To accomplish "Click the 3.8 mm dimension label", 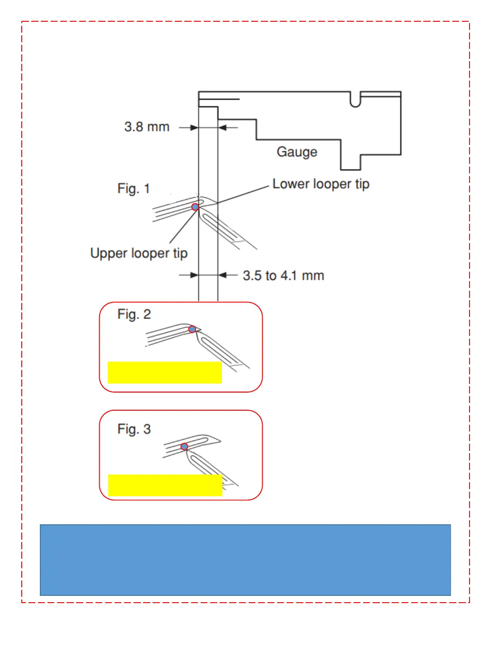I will click(147, 127).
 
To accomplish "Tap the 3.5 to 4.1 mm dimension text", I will click(283, 275).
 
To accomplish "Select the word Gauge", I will click(297, 152).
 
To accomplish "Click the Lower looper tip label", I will click(321, 184).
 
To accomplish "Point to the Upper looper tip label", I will click(139, 253).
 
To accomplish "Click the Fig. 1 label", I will click(133, 188).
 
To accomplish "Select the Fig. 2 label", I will click(134, 314).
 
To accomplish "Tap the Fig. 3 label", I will click(134, 429).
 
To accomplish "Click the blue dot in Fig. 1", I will click(195, 207).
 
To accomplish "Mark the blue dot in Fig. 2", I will click(192, 329).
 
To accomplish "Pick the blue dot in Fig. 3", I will click(184, 446).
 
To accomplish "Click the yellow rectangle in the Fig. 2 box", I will click(165, 372).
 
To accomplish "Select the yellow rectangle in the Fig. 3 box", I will click(165, 485).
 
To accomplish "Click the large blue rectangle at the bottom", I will click(245, 560).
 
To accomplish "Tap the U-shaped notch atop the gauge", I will click(355, 100).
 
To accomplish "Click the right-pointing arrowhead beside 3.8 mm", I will click(194, 128).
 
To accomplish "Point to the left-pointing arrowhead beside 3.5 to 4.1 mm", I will click(222, 275).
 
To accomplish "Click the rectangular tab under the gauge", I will click(350, 162).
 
